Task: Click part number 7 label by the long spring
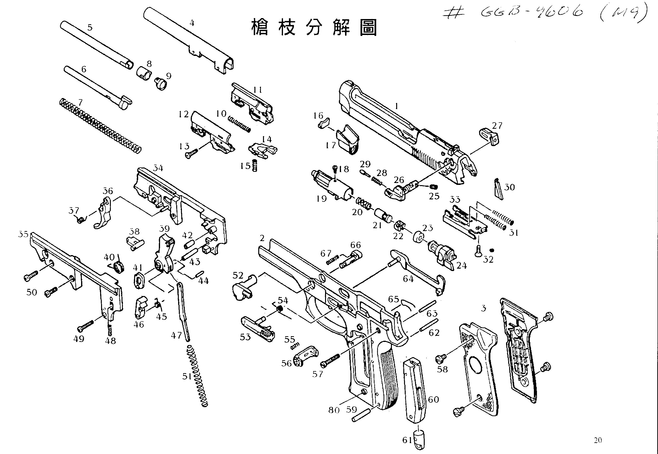pyautogui.click(x=80, y=102)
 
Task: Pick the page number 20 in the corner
pyautogui.click(x=598, y=440)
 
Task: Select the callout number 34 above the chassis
pyautogui.click(x=158, y=168)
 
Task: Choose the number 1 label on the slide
pyautogui.click(x=397, y=106)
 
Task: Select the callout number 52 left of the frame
pyautogui.click(x=238, y=275)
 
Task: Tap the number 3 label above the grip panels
pyautogui.click(x=483, y=308)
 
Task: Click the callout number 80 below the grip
pyautogui.click(x=334, y=410)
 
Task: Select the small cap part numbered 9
pyautogui.click(x=161, y=84)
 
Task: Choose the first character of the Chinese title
pyautogui.click(x=259, y=28)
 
